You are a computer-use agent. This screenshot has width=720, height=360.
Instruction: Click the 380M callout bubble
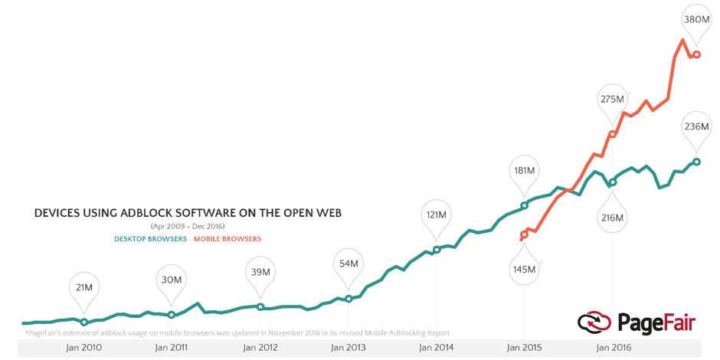coord(696,18)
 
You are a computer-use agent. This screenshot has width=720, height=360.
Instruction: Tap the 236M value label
coord(696,126)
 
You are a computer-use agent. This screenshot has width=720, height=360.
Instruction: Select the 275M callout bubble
coord(612,100)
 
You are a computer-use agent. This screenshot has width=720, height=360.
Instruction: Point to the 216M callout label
coord(612,218)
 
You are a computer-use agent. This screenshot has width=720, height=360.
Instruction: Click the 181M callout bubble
coord(525,170)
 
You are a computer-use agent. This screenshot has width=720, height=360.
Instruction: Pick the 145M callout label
coord(525,270)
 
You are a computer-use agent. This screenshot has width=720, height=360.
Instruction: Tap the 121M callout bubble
coord(437,214)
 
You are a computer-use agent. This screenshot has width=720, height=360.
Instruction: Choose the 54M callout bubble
coord(349,263)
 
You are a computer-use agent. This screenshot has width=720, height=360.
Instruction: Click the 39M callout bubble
coord(260,272)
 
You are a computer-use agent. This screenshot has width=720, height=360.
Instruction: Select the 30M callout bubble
coord(172,280)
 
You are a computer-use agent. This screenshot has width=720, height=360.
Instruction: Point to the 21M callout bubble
coord(84,287)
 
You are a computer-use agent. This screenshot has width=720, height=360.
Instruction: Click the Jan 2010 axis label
coord(84,348)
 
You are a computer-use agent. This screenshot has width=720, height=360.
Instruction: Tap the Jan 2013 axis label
coord(349,348)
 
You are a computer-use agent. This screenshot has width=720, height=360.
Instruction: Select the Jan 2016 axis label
coord(613,348)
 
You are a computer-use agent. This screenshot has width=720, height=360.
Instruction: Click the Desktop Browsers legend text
coord(150,239)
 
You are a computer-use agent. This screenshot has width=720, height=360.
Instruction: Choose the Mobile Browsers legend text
coord(227,239)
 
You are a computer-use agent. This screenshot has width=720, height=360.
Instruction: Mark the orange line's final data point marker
coord(696,54)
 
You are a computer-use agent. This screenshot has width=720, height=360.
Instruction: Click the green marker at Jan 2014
coord(437,250)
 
